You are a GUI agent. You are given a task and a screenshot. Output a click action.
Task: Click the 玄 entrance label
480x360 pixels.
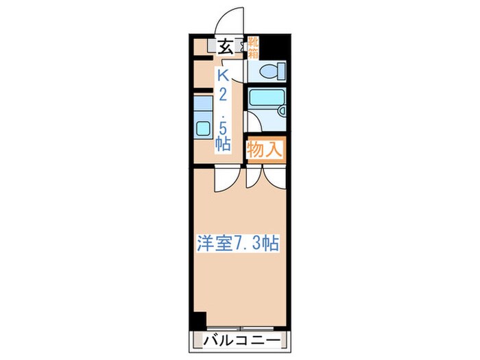(x=224, y=47)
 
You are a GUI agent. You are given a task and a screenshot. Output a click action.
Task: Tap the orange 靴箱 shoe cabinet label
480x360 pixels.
(x=253, y=47)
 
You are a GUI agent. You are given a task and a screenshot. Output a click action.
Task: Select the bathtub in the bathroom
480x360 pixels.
(x=265, y=101)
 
